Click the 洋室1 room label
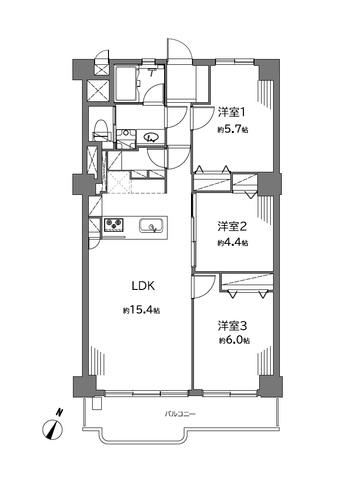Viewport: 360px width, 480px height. click(231, 112)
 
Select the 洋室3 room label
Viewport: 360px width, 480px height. click(232, 326)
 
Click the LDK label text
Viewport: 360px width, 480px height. click(143, 286)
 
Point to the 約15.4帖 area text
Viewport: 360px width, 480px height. click(142, 310)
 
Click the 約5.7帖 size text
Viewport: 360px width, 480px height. click(233, 130)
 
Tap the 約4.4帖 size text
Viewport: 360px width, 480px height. click(233, 243)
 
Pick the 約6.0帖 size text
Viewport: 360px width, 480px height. click(234, 340)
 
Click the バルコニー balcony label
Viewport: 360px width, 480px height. click(180, 414)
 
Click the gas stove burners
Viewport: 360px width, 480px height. click(114, 225)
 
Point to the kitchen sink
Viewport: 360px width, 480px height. click(151, 226)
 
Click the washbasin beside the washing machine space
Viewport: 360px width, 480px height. click(151, 137)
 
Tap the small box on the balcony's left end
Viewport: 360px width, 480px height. click(97, 403)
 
